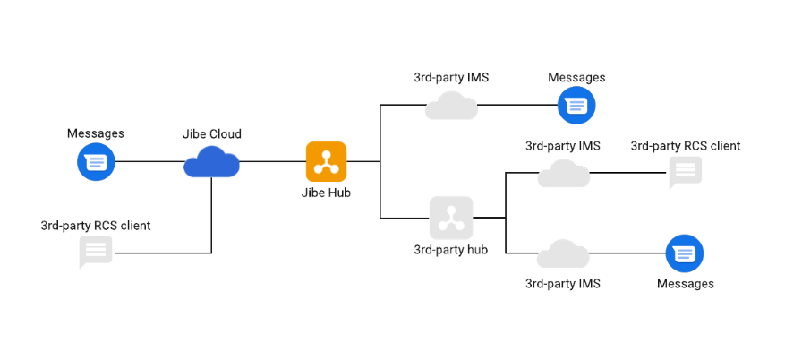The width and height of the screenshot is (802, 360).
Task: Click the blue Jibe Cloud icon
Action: pos(212,162)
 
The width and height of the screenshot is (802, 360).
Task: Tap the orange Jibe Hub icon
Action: pos(326,161)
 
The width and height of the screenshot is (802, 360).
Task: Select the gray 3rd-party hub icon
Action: pos(450,217)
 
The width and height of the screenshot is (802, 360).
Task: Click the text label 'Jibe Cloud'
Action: pos(212,134)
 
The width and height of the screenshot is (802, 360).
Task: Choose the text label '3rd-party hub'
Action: pos(451,249)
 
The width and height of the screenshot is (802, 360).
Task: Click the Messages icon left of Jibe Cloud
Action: pos(95,162)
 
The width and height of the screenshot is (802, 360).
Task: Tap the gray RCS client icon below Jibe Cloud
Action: pos(95,252)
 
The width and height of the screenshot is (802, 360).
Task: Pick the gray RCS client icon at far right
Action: pos(686,172)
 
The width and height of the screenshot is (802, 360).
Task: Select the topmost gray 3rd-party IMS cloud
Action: pos(451,106)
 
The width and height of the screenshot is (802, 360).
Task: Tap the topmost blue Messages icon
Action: pos(576,106)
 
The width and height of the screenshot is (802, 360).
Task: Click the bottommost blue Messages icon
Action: pos(685,254)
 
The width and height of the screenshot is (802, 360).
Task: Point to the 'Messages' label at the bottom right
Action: pos(686,284)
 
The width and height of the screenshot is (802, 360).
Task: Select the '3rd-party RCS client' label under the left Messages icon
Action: pos(96,226)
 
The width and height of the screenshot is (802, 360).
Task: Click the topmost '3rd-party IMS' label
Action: pos(451,78)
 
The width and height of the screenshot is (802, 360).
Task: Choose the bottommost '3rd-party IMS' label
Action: pos(563,284)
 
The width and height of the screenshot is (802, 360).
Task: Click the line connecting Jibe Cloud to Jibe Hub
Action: pos(273,162)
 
